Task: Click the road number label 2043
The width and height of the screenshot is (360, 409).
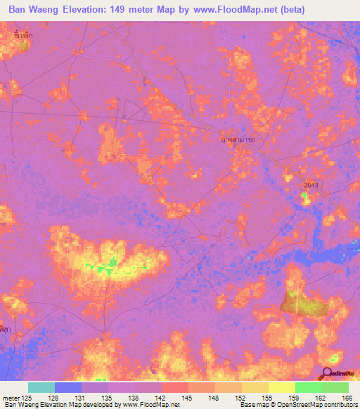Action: [311, 184]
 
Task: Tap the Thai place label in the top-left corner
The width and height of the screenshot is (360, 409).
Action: [22, 33]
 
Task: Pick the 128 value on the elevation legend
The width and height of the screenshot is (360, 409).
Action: [63, 399]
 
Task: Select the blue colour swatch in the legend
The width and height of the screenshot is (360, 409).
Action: [68, 387]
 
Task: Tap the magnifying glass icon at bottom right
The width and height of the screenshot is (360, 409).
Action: [328, 372]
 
